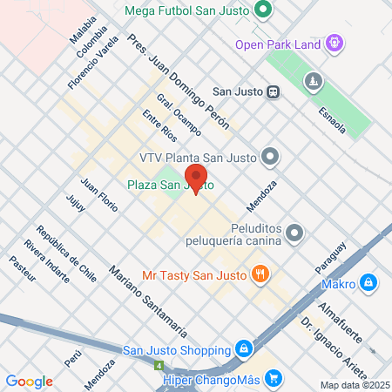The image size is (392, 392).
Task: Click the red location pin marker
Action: (x=196, y=178)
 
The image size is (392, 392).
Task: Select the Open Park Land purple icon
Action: (x=335, y=44)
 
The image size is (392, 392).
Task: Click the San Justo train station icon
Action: (x=273, y=91)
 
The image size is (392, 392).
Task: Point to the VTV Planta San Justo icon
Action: (x=271, y=158)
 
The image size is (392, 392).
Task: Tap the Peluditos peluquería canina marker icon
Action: (x=295, y=233)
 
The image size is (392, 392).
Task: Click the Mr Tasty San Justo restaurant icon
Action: (x=259, y=274)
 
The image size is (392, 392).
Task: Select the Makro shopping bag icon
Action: (x=369, y=283)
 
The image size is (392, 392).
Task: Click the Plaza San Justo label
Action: (x=170, y=186)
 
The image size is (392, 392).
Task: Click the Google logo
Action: (x=30, y=382)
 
